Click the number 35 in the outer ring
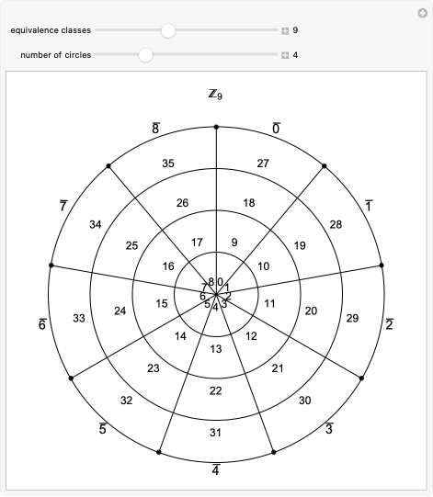pos(168,164)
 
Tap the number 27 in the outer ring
pos(263,164)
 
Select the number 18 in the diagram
pos(249,203)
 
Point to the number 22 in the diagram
pos(216,391)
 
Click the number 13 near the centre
pos(216,349)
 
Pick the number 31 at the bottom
pos(216,433)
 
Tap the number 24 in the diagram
pos(120,311)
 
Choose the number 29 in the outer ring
pos(353,318)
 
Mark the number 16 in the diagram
pos(168,266)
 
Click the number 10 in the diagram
pos(264,266)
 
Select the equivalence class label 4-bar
pos(216,469)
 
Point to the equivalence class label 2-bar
pos(390,324)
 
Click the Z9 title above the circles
pos(216,94)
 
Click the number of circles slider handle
pos(145,55)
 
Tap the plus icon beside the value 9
pos(285,30)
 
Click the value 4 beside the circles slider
pos(295,55)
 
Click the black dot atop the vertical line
pos(216,127)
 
